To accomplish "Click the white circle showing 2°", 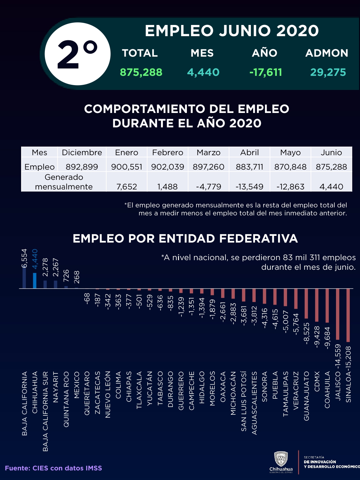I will [77, 54].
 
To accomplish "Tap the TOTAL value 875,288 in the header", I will [141, 72].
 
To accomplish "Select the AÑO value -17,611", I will [266, 72].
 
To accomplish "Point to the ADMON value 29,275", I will [328, 72].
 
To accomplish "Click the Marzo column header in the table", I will [209, 153].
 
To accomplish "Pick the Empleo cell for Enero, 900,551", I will [127, 167].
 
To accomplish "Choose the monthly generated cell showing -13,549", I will [249, 187].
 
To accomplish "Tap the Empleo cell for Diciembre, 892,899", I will [82, 167].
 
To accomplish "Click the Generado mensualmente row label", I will [64, 182].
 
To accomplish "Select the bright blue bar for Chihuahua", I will [35, 281].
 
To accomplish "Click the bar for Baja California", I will [24, 278].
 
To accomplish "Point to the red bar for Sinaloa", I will [348, 315].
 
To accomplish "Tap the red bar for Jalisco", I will [338, 314].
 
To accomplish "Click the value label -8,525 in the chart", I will [307, 333].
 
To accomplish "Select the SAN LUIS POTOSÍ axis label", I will [244, 401].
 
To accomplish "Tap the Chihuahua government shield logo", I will [281, 459].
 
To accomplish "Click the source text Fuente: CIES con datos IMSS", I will [53, 468].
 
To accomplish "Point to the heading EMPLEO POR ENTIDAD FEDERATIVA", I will [185, 239].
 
